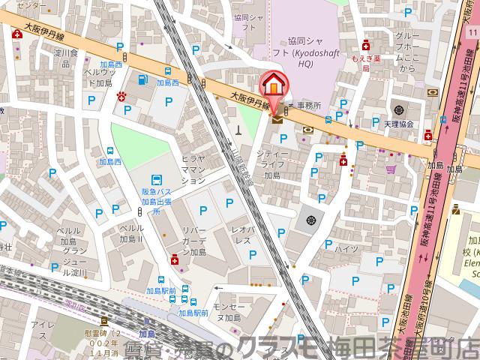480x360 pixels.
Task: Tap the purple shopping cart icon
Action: (390, 169)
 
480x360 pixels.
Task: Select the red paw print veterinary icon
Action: (121, 95)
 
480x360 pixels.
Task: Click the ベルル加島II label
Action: (131, 233)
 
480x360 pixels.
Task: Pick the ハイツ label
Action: (346, 249)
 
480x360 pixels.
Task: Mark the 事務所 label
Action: (307, 106)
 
